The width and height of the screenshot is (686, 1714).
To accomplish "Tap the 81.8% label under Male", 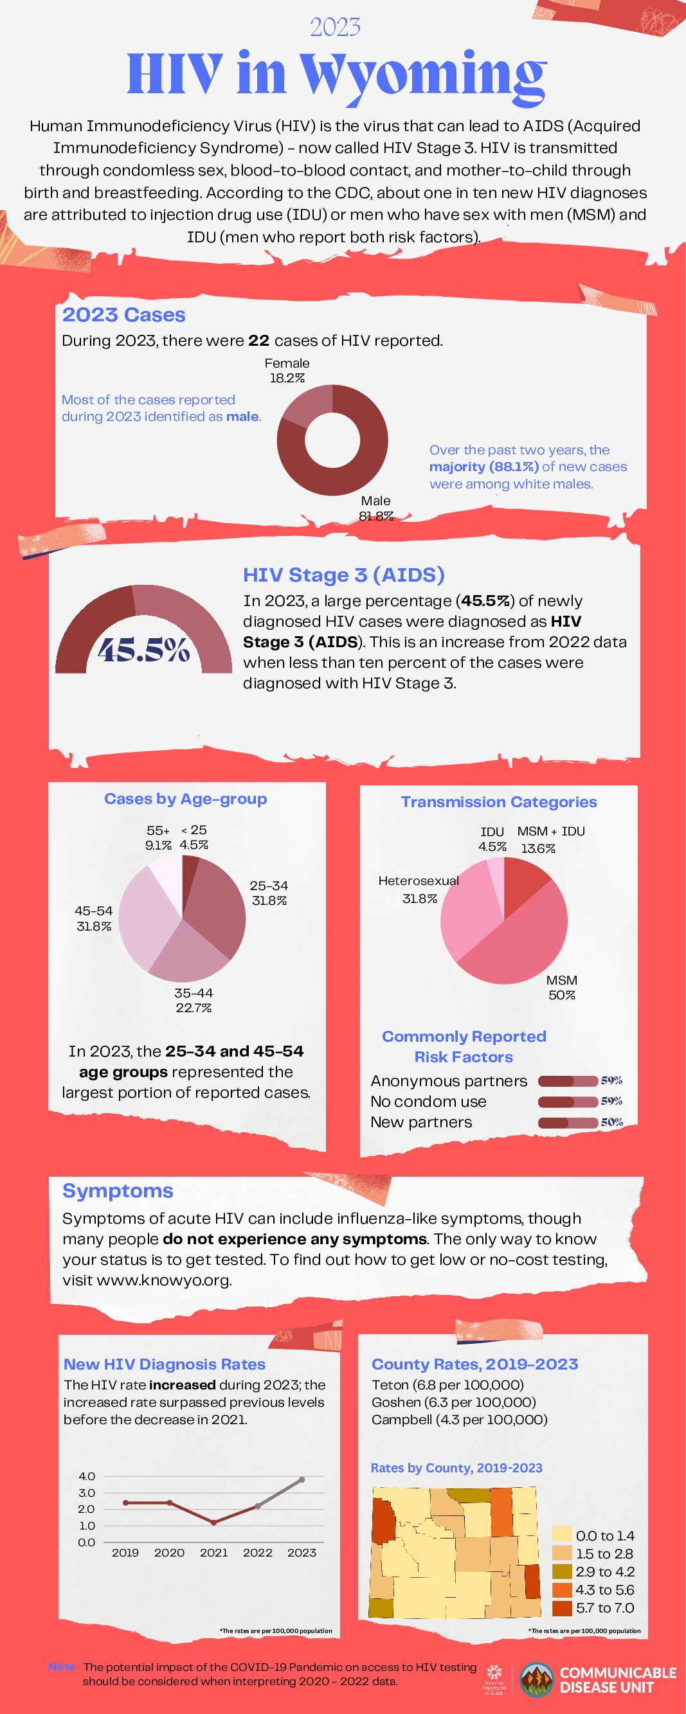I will click(x=376, y=515).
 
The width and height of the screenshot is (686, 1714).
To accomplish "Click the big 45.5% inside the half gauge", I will click(x=144, y=651).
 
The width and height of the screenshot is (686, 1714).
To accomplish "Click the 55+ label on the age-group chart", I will click(x=158, y=830).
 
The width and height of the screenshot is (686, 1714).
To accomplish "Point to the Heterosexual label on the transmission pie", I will click(x=419, y=881).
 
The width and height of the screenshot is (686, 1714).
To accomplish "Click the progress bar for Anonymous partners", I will click(x=568, y=1081).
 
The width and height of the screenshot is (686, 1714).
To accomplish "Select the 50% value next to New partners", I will click(x=611, y=1123).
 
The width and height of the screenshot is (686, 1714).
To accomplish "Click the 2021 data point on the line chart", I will click(x=213, y=1522).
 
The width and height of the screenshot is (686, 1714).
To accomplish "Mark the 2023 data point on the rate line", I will click(x=302, y=1479).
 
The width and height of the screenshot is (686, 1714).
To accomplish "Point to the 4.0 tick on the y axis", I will click(x=87, y=1476).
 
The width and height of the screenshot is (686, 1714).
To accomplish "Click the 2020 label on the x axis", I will click(x=169, y=1552).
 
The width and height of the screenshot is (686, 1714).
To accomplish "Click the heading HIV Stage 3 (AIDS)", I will click(x=343, y=575).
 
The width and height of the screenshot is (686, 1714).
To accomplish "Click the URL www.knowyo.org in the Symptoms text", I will click(x=165, y=1280).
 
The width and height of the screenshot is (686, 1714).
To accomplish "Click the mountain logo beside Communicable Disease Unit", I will click(x=536, y=1680).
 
